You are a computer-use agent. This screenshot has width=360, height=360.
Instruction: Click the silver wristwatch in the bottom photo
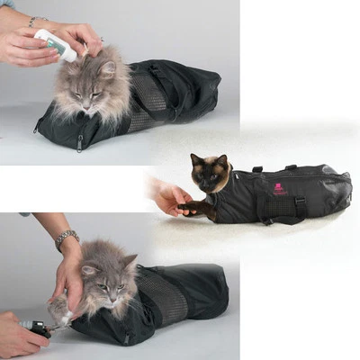[66, 239]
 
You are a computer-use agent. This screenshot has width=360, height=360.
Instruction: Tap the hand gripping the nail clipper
[18, 335]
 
